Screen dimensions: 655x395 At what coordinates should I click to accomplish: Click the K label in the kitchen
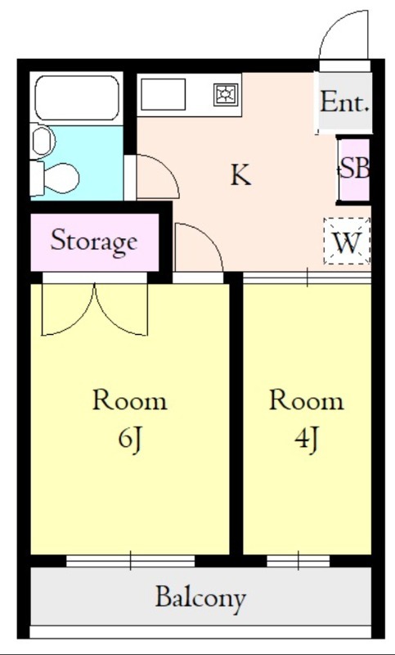pyautogui.click(x=240, y=175)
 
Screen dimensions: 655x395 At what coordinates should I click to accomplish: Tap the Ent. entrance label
pyautogui.click(x=344, y=103)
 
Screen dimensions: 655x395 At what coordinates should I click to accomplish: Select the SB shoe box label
pyautogui.click(x=355, y=169)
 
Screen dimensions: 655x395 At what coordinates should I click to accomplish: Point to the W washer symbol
pyautogui.click(x=347, y=242)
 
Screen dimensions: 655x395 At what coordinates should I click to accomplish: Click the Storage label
pyautogui.click(x=93, y=242)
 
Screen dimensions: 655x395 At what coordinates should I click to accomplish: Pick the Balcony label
pyautogui.click(x=200, y=598)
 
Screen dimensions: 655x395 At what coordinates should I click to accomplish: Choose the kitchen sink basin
pyautogui.click(x=163, y=95)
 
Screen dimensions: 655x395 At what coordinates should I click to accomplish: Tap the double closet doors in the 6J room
pyautogui.click(x=95, y=311)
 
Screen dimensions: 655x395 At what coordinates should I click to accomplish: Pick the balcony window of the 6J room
pyautogui.click(x=130, y=561)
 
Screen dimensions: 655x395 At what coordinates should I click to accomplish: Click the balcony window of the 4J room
pyautogui.click(x=298, y=561)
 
